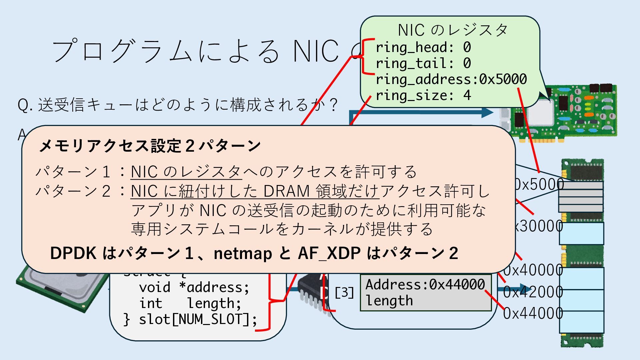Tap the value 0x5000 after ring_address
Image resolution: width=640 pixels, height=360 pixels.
pos(503,79)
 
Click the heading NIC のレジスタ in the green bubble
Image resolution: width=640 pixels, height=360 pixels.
pos(453,30)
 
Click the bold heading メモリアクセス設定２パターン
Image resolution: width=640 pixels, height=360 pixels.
pos(150,146)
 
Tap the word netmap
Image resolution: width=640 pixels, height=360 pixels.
pos(243,253)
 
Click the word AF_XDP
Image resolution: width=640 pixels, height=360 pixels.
pos(329,253)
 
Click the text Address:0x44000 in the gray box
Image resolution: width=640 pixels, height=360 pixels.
pos(425,285)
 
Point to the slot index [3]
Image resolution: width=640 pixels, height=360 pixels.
pos(344,293)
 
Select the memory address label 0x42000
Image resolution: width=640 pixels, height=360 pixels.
pos(533,292)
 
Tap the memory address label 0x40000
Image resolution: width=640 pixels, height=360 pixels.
pos(533,270)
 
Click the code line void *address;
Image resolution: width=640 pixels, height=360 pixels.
pos(194,287)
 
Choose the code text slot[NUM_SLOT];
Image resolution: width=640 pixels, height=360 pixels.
pos(198,319)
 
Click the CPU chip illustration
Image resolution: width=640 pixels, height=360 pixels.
pos(60,290)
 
